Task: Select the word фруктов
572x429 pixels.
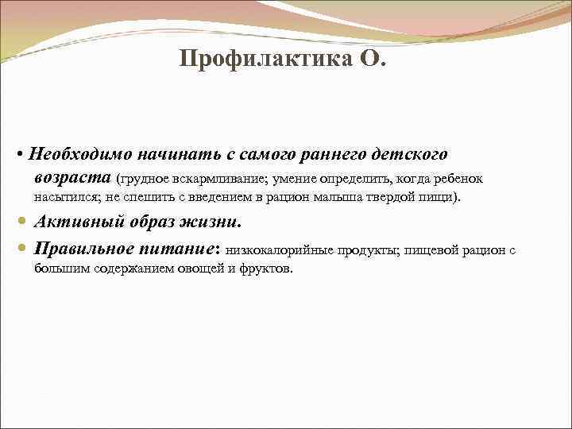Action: (x=267, y=269)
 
